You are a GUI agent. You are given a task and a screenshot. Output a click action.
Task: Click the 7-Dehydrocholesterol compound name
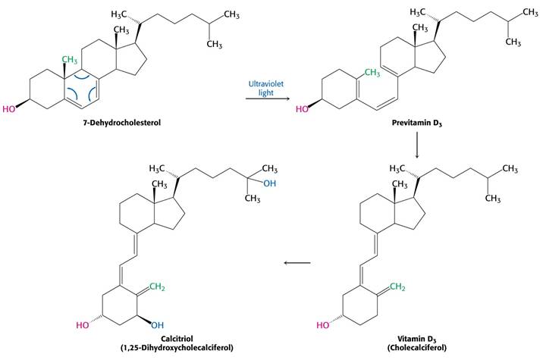point(122,123)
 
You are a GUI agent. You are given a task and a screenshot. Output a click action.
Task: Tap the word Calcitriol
point(177,339)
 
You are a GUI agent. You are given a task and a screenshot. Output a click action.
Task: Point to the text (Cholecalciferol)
point(417,348)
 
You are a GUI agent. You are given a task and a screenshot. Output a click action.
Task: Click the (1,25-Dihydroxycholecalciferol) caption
point(177,348)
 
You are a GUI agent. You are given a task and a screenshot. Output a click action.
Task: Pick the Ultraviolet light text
point(266,88)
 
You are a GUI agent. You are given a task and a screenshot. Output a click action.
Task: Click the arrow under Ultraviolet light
point(268,99)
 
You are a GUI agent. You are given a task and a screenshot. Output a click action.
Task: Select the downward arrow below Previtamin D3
point(417,145)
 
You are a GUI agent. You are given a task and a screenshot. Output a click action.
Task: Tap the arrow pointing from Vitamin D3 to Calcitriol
point(297,263)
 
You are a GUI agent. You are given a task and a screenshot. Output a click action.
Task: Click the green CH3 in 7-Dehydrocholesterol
point(70,60)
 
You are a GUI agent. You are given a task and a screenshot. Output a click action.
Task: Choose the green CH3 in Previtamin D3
point(372,73)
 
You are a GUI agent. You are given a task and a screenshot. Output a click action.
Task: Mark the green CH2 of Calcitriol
point(157,287)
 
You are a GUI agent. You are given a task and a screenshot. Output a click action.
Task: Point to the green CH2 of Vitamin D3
point(397,287)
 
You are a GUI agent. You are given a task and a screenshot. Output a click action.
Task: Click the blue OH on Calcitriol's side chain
point(270,183)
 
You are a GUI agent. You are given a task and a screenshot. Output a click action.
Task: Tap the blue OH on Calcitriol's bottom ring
point(157,325)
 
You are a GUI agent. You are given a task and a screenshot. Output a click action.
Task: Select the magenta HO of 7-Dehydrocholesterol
point(9,109)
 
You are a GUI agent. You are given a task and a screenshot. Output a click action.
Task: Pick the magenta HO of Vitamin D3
point(323,325)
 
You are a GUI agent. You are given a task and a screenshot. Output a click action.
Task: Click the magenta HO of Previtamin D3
point(302,109)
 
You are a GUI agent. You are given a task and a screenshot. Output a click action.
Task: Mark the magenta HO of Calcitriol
point(83,325)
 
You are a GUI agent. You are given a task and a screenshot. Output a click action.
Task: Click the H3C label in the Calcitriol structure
point(156,169)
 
